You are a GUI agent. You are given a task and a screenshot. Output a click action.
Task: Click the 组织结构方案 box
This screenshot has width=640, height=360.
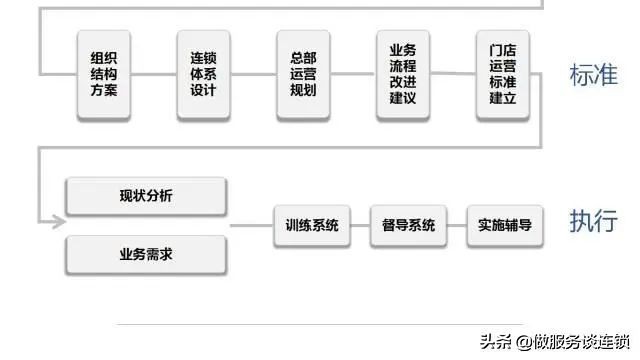tap(104, 75)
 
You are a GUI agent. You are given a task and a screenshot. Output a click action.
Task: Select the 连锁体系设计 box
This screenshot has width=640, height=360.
tap(203, 75)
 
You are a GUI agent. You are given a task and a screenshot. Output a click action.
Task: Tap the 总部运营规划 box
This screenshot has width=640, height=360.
tap(303, 75)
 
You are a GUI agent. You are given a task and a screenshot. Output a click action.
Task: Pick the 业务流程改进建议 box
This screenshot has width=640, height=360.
tap(403, 74)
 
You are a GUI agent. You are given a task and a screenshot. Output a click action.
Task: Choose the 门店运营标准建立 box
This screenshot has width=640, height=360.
tap(502, 74)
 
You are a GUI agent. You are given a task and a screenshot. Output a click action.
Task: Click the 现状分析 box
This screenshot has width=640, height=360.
tap(146, 196)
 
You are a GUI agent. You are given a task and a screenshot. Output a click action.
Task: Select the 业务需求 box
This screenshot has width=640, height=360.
tap(146, 254)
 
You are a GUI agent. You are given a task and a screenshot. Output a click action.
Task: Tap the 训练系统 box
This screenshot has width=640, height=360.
tap(306, 225)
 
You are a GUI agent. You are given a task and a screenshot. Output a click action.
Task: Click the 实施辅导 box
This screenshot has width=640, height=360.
tap(504, 225)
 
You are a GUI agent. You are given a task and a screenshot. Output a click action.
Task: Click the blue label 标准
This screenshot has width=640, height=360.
tap(592, 75)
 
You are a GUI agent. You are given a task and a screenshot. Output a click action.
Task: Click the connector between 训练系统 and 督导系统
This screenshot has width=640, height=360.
tap(355, 225)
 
